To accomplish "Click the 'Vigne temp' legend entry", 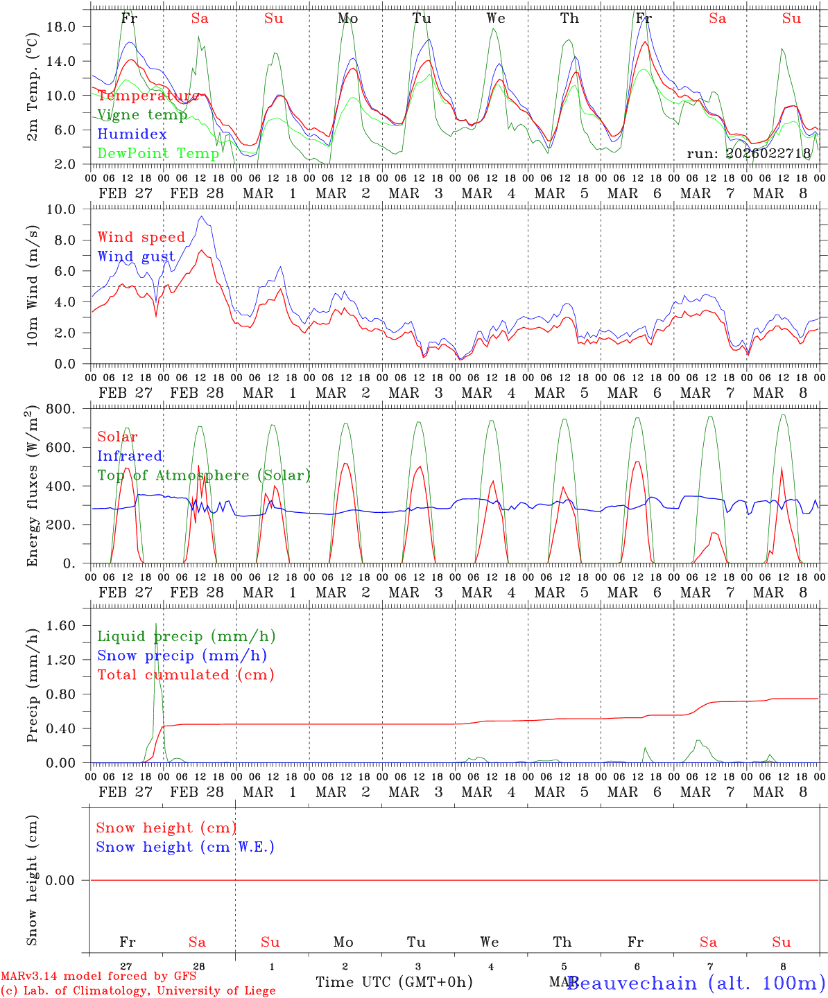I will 142,115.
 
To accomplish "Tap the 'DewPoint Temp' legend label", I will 158,153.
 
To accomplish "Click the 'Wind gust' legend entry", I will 136,256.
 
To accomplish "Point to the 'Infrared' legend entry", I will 130,456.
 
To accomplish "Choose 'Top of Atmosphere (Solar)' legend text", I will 204,475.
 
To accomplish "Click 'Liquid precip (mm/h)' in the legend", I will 187,636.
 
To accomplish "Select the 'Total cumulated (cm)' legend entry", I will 186,675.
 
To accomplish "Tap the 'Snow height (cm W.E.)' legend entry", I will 185,847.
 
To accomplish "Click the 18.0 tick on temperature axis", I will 60,26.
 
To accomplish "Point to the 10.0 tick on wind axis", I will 60,209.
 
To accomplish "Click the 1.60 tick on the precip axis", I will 60,625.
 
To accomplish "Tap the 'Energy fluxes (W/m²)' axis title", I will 32,487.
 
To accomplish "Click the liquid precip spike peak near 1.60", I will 156,624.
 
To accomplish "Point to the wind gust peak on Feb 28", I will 201,217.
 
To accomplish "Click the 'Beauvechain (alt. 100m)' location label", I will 696,983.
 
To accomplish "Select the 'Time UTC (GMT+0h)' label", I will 394,982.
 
